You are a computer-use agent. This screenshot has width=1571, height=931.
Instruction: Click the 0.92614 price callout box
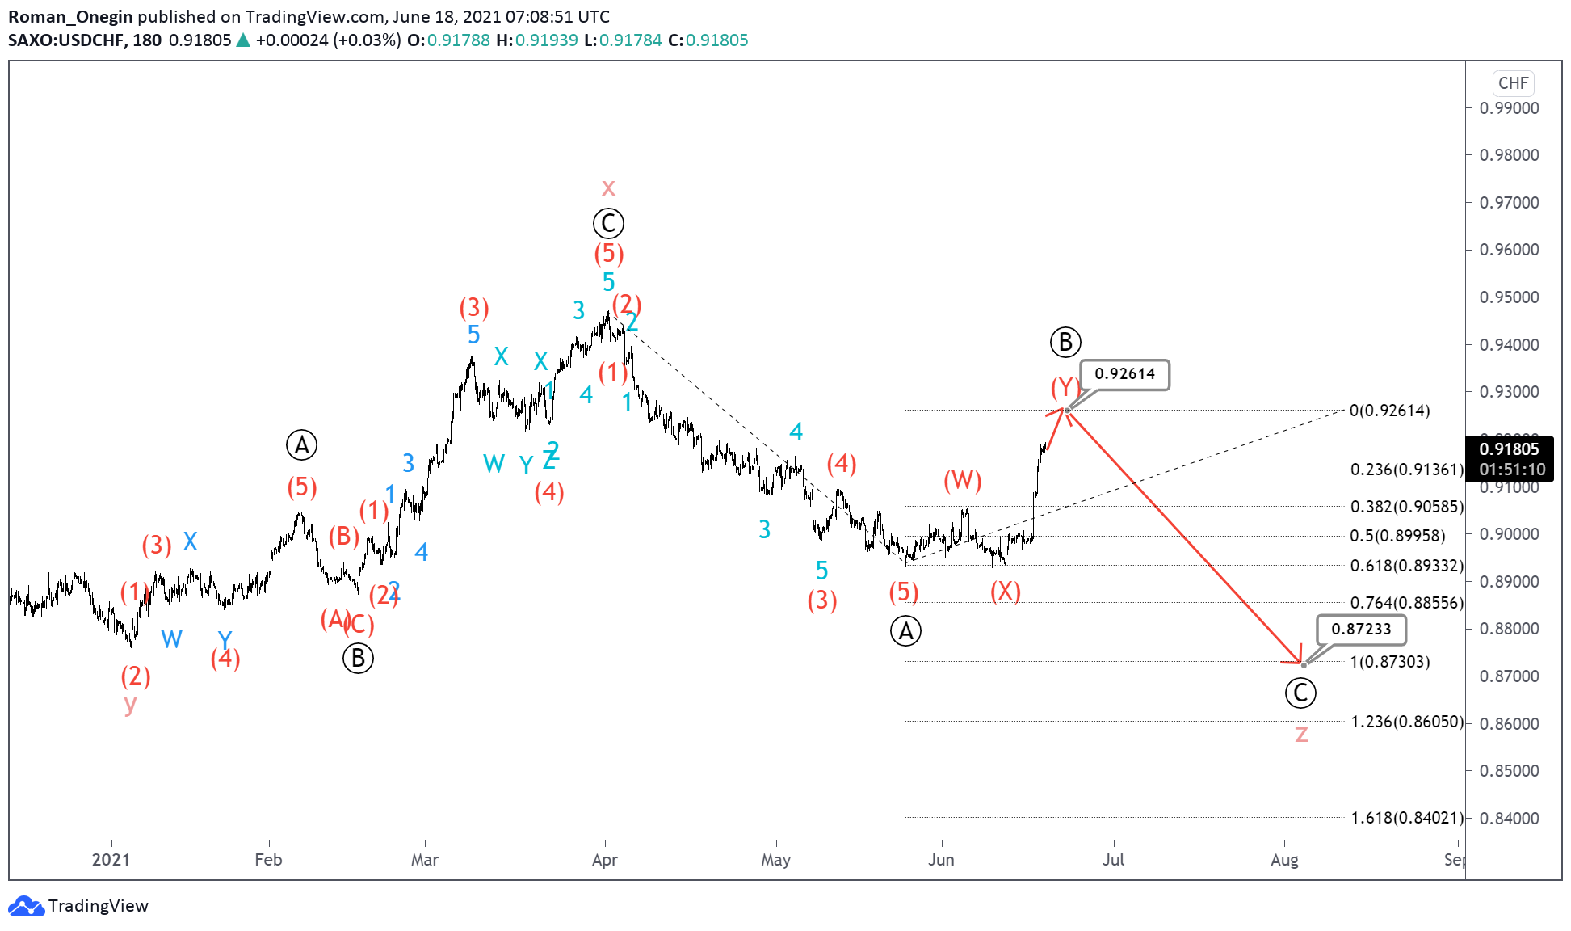pos(1124,374)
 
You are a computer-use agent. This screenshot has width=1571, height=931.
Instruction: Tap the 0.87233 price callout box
pos(1361,629)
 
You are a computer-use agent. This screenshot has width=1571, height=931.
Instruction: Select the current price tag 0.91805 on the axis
pos(1509,449)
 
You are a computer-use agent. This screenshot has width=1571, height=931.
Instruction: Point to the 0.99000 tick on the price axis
pos(1509,108)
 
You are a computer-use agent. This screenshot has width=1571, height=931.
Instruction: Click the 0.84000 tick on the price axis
pos(1509,818)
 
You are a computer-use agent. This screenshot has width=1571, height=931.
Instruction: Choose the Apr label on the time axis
pos(604,860)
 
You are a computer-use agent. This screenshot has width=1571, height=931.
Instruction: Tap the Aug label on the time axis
pos(1284,860)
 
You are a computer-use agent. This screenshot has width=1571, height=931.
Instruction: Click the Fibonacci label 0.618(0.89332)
pos(1406,566)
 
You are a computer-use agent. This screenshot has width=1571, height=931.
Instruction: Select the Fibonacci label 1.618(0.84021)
pos(1406,818)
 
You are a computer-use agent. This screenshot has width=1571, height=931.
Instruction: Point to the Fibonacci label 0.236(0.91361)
pos(1406,470)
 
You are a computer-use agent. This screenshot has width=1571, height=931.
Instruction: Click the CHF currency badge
pos(1512,83)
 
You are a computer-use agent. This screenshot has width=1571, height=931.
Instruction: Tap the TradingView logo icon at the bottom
pos(26,906)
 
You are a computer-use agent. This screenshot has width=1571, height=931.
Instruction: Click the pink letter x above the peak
pos(608,188)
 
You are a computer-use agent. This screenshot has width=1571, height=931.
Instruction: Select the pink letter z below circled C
pos(1301,734)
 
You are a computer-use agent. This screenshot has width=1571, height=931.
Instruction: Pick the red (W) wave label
pos(963,480)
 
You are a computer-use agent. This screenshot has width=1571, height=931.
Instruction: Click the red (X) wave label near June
pos(1006,592)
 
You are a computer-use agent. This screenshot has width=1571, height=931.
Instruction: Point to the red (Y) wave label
pos(1065,388)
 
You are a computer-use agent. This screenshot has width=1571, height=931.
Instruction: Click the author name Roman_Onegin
pos(70,17)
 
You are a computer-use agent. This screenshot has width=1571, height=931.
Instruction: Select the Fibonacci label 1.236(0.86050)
pos(1406,722)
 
